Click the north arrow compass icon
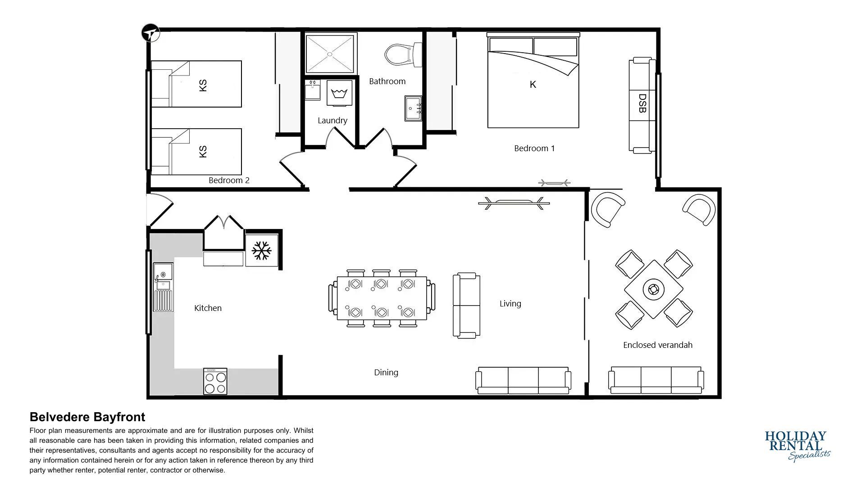click(x=151, y=33)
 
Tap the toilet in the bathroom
click(x=402, y=54)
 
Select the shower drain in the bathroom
click(x=330, y=54)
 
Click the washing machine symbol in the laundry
click(x=338, y=94)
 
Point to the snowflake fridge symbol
click(x=261, y=251)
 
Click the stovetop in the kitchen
click(x=215, y=382)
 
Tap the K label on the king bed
click(x=533, y=85)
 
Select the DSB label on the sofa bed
click(x=642, y=103)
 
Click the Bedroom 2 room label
click(x=229, y=180)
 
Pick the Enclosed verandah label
click(x=658, y=345)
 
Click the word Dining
click(x=386, y=373)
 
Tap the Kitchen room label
click(x=208, y=308)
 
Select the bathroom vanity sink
click(x=413, y=108)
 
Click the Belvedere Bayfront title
click(x=87, y=417)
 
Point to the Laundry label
click(x=332, y=121)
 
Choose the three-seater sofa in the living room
click(x=524, y=380)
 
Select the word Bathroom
click(x=387, y=81)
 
